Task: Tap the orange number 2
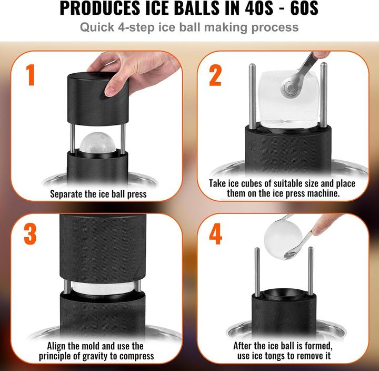tap(215, 75)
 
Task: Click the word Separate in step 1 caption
tap(69, 193)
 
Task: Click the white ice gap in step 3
tap(101, 287)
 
